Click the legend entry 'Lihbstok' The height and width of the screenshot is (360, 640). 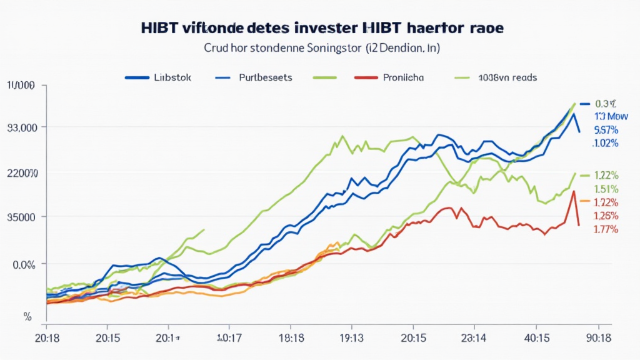pyautogui.click(x=172, y=78)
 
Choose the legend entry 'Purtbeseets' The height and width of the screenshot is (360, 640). pyautogui.click(x=266, y=78)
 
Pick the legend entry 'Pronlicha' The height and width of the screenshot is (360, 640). pyautogui.click(x=400, y=78)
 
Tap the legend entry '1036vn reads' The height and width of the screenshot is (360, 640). pyautogui.click(x=507, y=78)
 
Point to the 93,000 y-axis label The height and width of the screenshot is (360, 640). pyautogui.click(x=22, y=127)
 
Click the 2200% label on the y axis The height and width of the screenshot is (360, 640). pyautogui.click(x=22, y=172)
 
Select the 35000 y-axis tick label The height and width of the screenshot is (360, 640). pyautogui.click(x=22, y=217)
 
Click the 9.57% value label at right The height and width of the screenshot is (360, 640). pyautogui.click(x=606, y=130)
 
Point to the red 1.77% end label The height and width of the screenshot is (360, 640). pyautogui.click(x=606, y=229)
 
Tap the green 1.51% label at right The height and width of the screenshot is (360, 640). pyautogui.click(x=606, y=189)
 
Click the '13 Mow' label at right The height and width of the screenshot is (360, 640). pyautogui.click(x=606, y=117)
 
